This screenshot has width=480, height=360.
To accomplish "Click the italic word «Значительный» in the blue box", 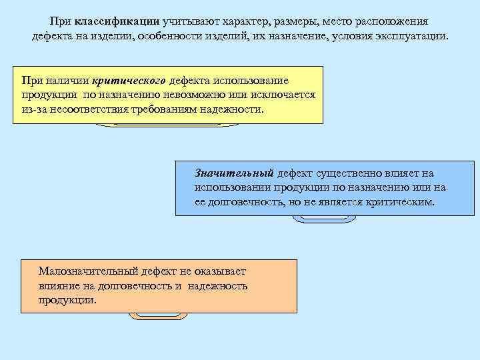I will pyautogui.click(x=234, y=173).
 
